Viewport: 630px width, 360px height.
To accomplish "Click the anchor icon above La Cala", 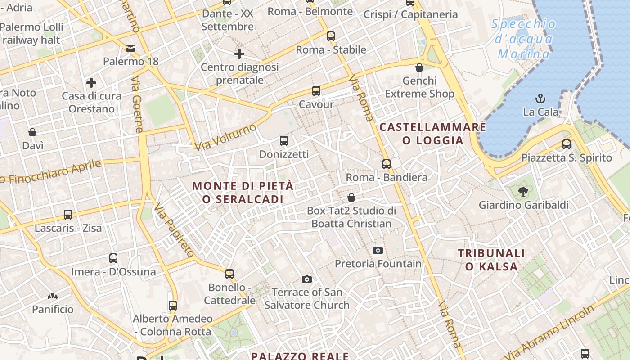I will pyautogui.click(x=540, y=98).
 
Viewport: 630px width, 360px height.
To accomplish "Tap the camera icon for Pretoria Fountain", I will pyautogui.click(x=378, y=250).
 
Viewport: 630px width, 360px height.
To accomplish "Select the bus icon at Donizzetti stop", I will pyautogui.click(x=284, y=141).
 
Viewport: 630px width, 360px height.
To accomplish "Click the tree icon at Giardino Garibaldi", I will pyautogui.click(x=523, y=192).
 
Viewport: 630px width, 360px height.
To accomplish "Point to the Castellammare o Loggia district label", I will pyautogui.click(x=433, y=134).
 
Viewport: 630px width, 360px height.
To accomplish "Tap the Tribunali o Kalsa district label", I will pyautogui.click(x=491, y=260).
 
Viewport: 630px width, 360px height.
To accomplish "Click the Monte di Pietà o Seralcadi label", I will pyautogui.click(x=243, y=192).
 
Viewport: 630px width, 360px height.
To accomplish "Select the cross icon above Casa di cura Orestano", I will pyautogui.click(x=91, y=83).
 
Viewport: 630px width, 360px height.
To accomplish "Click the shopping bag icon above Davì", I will pyautogui.click(x=32, y=132).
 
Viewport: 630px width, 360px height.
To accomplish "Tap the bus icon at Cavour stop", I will pyautogui.click(x=316, y=91).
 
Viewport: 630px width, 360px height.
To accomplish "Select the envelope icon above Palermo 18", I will pyautogui.click(x=130, y=48).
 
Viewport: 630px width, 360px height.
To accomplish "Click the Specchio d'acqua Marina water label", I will pyautogui.click(x=524, y=39).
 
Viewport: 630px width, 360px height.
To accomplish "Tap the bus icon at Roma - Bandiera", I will pyautogui.click(x=387, y=164).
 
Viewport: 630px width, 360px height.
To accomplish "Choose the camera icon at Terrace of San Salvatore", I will pyautogui.click(x=307, y=279).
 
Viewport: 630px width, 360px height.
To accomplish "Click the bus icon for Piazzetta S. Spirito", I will pyautogui.click(x=567, y=144).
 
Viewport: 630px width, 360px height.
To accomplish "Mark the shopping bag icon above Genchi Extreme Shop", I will pyautogui.click(x=419, y=67).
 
